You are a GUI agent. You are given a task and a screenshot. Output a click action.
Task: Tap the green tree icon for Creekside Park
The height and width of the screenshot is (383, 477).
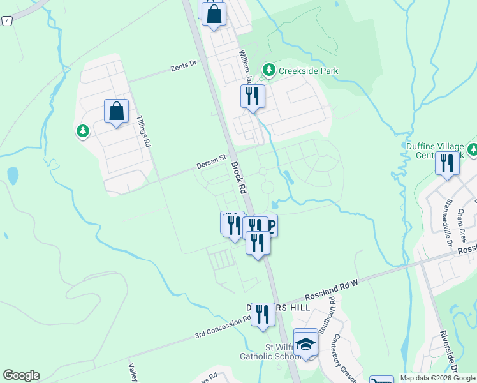click(x=269, y=70)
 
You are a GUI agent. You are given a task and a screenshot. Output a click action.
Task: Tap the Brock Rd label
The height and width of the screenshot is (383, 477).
click(x=239, y=177)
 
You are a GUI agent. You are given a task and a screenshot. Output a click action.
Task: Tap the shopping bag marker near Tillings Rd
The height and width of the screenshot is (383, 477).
click(x=117, y=111)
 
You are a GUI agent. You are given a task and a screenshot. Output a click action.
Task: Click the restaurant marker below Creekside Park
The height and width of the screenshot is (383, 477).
click(x=253, y=96)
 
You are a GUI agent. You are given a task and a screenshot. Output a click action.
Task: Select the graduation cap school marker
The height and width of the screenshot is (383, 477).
click(x=306, y=343)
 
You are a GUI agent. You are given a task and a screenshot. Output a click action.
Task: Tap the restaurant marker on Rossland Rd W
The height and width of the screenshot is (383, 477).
click(x=262, y=314)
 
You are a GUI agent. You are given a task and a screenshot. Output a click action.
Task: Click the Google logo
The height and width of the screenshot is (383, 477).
click(x=21, y=375)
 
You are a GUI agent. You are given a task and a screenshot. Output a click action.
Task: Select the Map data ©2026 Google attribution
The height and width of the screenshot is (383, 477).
click(x=437, y=378)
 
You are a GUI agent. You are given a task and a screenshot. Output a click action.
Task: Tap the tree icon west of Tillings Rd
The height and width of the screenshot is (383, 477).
click(x=82, y=131)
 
